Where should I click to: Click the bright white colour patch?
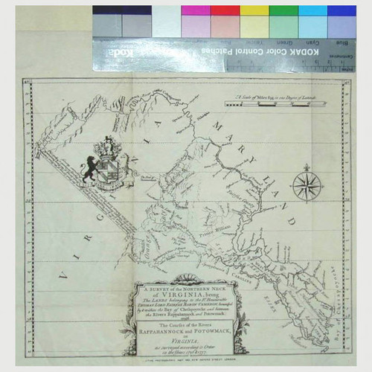coord(166,21)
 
